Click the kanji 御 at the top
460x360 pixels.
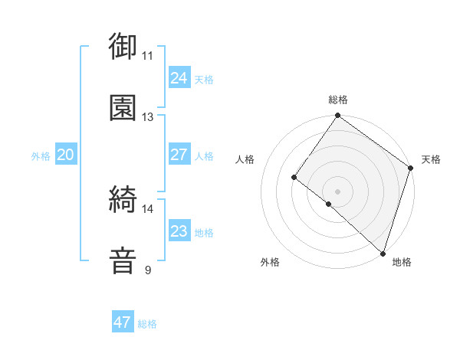[123, 46]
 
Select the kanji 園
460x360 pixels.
[123, 107]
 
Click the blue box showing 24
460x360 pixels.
[179, 77]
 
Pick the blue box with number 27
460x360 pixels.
[179, 155]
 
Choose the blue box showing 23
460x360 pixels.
[179, 231]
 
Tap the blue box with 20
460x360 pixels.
[65, 155]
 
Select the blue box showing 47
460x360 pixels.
[123, 322]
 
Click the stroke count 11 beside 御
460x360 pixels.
[147, 55]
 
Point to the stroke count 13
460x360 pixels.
[147, 116]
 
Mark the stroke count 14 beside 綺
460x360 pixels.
[147, 208]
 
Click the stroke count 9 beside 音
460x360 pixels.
[147, 270]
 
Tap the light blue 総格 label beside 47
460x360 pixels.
[147, 324]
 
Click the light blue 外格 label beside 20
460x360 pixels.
[41, 156]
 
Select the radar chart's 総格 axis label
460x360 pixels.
[338, 100]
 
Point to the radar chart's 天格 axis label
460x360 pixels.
[431, 159]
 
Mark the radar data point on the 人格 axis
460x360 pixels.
[294, 178]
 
